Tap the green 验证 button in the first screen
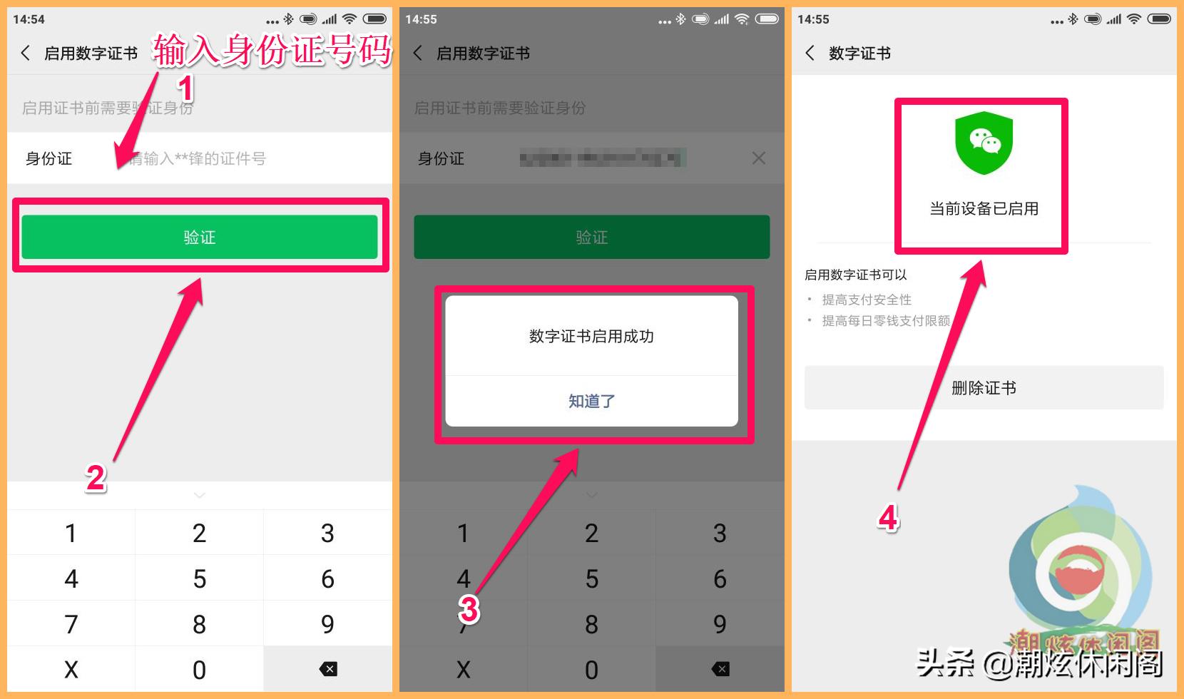[x=199, y=237]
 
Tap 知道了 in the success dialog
[x=591, y=401]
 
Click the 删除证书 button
[x=984, y=388]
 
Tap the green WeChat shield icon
[x=984, y=143]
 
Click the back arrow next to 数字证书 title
[x=810, y=53]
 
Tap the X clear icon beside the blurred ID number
[x=758, y=158]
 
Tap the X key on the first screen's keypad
[x=71, y=669]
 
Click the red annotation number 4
[x=888, y=518]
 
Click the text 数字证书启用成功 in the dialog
[x=591, y=336]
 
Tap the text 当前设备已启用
[x=984, y=209]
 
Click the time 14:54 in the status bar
[x=29, y=19]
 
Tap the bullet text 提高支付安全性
[x=866, y=300]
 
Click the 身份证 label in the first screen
[x=49, y=158]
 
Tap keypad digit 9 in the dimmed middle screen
[x=720, y=624]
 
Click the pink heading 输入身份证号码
[x=272, y=50]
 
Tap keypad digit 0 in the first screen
[x=199, y=669]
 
